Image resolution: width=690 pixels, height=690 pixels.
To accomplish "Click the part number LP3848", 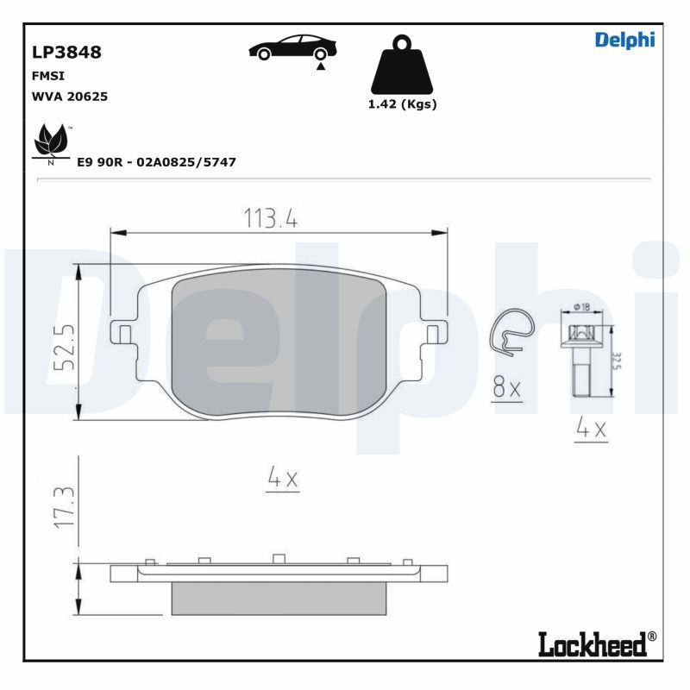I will (66, 52).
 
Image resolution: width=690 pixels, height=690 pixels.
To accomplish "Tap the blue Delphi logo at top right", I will (624, 40).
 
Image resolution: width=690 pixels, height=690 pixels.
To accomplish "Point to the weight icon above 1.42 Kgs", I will (402, 65).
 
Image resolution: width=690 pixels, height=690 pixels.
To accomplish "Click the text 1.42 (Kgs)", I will (402, 104).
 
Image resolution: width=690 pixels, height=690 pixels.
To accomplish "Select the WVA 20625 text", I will (69, 97).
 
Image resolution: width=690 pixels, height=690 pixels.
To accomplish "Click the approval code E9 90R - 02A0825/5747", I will (156, 161).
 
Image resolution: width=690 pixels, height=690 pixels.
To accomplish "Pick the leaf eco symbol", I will (51, 142).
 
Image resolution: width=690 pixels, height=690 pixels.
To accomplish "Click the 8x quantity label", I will (507, 388).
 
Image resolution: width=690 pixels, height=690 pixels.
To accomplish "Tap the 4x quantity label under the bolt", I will (592, 428).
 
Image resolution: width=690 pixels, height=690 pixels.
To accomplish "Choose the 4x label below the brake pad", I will (282, 479).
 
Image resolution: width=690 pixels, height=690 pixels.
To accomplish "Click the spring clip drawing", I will (511, 331).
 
